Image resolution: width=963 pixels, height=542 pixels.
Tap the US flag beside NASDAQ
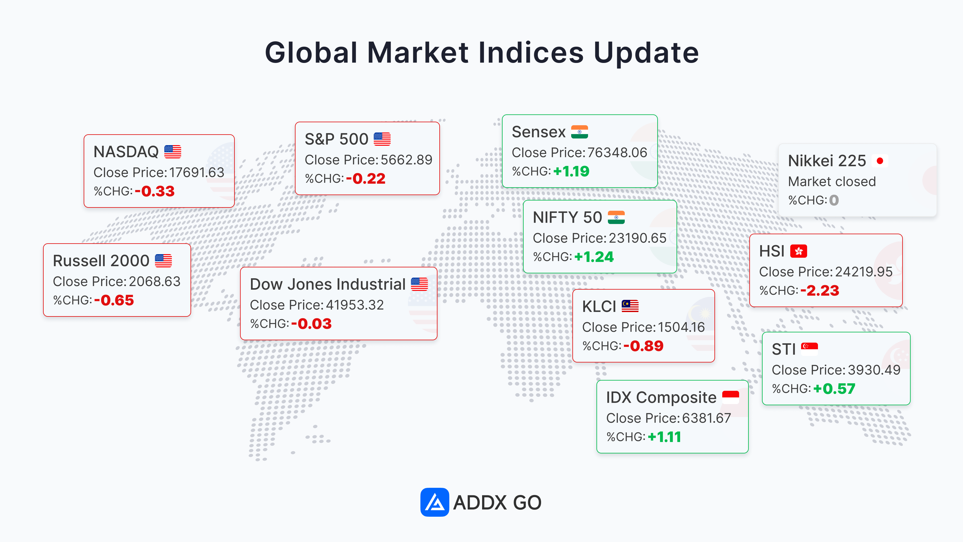173,152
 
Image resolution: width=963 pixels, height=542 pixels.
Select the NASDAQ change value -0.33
154,192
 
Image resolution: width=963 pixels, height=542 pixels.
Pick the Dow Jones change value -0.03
311,324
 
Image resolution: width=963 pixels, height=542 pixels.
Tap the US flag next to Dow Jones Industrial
420,284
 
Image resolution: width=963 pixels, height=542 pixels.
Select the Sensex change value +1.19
571,171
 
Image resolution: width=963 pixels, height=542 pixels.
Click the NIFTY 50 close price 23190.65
638,238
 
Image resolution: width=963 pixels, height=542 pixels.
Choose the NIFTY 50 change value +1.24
594,257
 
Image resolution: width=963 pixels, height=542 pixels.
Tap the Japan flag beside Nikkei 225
880,161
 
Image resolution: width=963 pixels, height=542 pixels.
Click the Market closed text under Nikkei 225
832,181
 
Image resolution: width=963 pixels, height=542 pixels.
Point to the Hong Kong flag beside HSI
798,251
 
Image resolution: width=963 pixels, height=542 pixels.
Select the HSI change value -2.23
819,291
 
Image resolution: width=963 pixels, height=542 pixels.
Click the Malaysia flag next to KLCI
630,306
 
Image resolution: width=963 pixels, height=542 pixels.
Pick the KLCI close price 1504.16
681,327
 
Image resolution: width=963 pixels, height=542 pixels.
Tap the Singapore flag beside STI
809,349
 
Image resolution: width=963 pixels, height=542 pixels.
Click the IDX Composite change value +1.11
664,437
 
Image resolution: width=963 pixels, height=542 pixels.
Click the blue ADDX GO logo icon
434,502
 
